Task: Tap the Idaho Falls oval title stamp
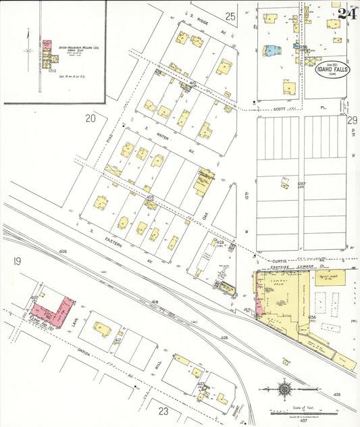click(332, 70)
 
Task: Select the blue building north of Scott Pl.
click(272, 49)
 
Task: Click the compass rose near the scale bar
click(286, 390)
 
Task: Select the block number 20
click(91, 119)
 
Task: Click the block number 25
click(231, 16)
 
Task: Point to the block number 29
click(352, 120)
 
